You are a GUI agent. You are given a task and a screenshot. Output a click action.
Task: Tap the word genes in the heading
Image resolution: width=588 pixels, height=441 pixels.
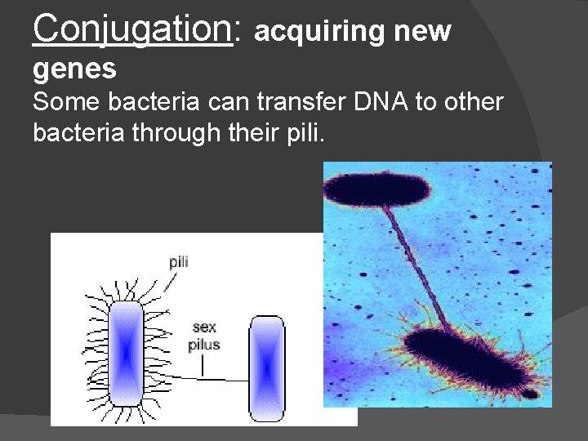pyautogui.click(x=74, y=69)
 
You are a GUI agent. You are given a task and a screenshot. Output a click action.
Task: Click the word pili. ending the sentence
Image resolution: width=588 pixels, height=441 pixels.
pyautogui.click(x=304, y=132)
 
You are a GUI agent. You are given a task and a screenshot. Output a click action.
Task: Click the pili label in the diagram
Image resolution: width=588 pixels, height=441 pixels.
pyautogui.click(x=179, y=262)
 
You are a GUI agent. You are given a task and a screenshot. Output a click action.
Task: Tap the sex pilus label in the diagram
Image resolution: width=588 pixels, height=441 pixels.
pyautogui.click(x=203, y=336)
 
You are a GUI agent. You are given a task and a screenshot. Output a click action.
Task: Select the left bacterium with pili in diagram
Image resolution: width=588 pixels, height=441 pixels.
pyautogui.click(x=126, y=354)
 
